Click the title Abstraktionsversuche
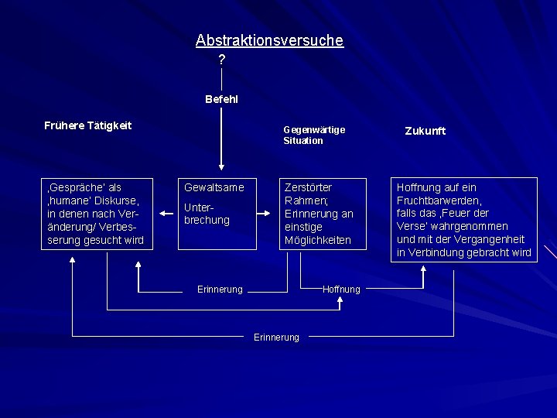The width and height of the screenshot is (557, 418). [x=269, y=40]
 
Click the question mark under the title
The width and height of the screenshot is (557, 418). [x=222, y=60]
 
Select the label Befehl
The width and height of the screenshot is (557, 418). [x=222, y=99]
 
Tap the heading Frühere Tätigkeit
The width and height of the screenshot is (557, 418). [x=88, y=125]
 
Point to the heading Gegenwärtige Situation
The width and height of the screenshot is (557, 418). [x=314, y=135]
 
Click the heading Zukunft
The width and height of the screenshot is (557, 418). [x=425, y=131]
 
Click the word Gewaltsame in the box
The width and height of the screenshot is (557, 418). [x=214, y=187]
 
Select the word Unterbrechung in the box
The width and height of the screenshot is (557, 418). [x=207, y=214]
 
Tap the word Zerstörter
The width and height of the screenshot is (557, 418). [x=309, y=187]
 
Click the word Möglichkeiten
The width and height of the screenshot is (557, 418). [x=318, y=240]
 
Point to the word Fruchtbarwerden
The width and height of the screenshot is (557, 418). [x=439, y=200]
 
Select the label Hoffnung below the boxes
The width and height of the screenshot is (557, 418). [x=341, y=290]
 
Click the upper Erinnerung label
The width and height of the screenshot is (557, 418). [x=220, y=290]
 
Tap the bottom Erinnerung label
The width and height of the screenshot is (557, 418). [x=276, y=337]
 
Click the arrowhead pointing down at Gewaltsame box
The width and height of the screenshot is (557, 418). [x=222, y=166]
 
